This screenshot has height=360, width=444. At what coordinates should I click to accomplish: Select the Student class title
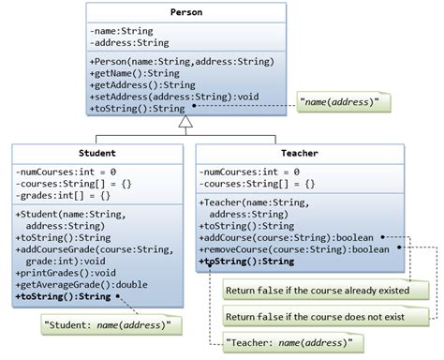(x=96, y=153)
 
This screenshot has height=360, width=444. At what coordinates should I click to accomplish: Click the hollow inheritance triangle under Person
(x=185, y=121)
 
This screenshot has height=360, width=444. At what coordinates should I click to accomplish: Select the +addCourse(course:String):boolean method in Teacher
(x=287, y=238)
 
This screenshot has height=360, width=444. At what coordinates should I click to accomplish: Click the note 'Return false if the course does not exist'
(x=322, y=316)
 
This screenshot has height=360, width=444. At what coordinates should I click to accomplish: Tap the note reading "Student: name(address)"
(x=109, y=324)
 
